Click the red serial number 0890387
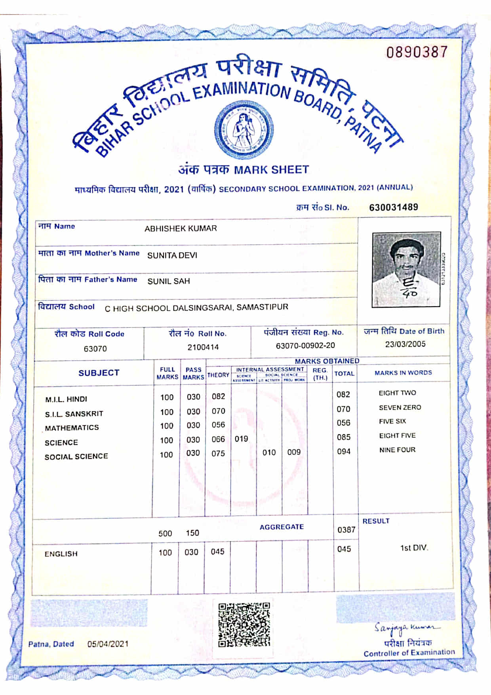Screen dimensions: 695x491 (417, 52)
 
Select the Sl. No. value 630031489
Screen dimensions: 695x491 (393, 207)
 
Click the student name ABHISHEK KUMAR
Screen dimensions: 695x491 (181, 228)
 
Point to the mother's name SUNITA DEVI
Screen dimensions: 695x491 (172, 255)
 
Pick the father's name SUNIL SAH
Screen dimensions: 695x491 (169, 281)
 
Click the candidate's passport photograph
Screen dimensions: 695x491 (406, 270)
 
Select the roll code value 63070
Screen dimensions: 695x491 (95, 349)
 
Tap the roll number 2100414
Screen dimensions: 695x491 (203, 347)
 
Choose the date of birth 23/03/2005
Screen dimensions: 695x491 (405, 344)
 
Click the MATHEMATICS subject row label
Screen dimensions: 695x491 (72, 428)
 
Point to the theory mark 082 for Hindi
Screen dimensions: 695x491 (218, 396)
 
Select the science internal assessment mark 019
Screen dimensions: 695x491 (241, 439)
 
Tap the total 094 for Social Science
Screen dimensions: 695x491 (343, 451)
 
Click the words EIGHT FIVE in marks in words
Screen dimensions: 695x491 (397, 436)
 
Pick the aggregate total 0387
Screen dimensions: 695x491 (346, 530)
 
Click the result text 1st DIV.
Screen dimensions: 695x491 (414, 548)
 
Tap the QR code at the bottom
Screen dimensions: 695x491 (244, 625)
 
